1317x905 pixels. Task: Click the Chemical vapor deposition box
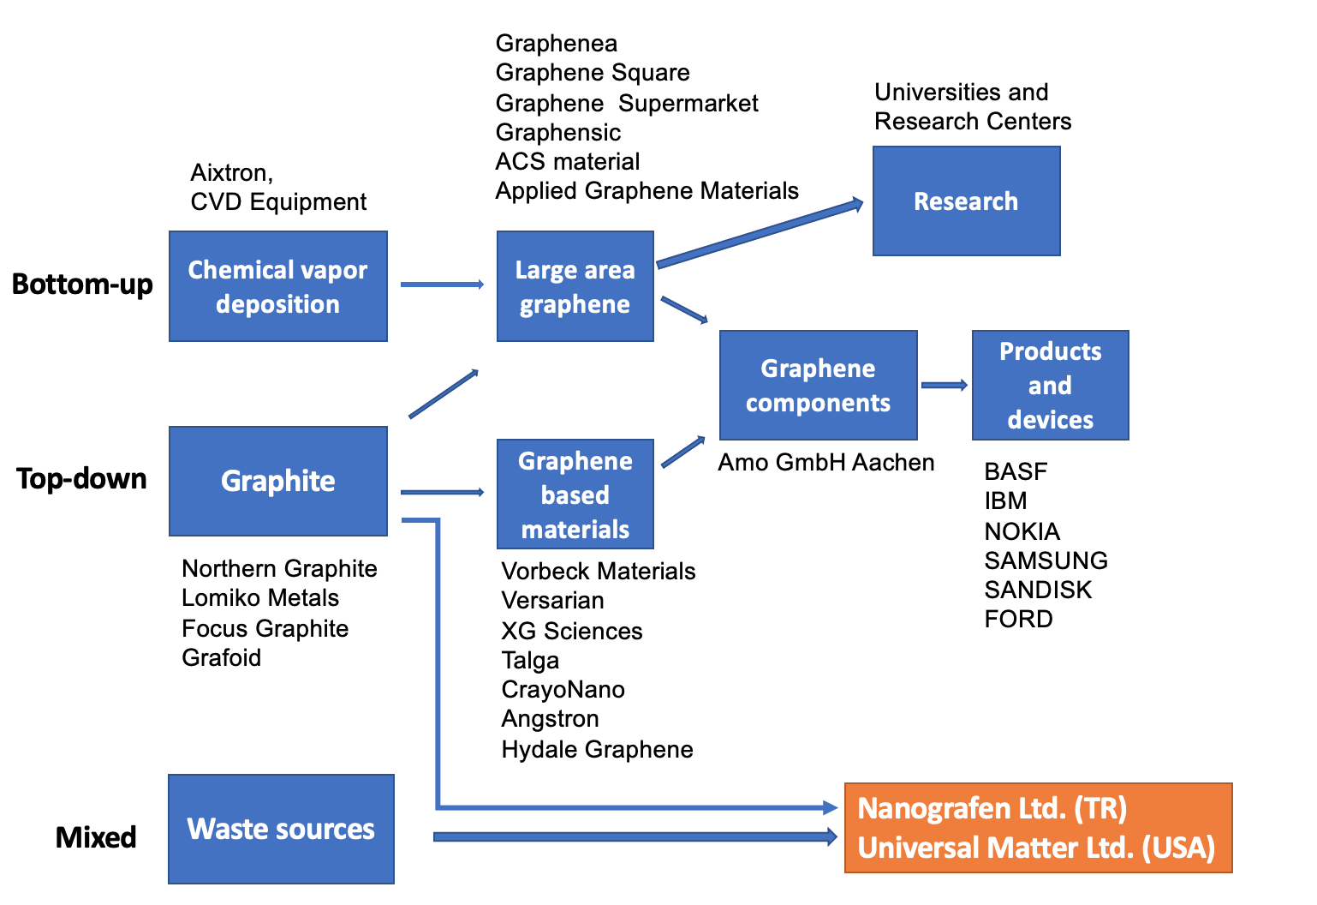pos(277,286)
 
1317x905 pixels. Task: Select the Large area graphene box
pos(575,286)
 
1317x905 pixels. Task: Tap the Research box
pos(966,201)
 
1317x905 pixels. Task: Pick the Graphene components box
pos(818,385)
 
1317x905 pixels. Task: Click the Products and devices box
pos(1050,385)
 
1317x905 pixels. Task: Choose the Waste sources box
pos(281,829)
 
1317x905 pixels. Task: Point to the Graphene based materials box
pos(575,494)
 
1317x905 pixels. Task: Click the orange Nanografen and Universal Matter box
pos(1038,828)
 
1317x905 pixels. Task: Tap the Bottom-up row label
pos(82,284)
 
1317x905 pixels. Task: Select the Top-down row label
pos(81,478)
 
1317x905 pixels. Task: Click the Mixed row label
pos(96,837)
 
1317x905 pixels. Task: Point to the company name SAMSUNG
pos(1046,560)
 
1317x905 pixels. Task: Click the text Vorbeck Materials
pos(598,571)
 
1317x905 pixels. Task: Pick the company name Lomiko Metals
pos(260,597)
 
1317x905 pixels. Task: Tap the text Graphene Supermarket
pos(627,103)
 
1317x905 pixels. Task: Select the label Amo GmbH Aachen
pos(825,462)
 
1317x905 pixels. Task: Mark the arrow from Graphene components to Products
pos(944,386)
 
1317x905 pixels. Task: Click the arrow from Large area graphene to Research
pos(760,234)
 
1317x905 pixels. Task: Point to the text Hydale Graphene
pos(597,749)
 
